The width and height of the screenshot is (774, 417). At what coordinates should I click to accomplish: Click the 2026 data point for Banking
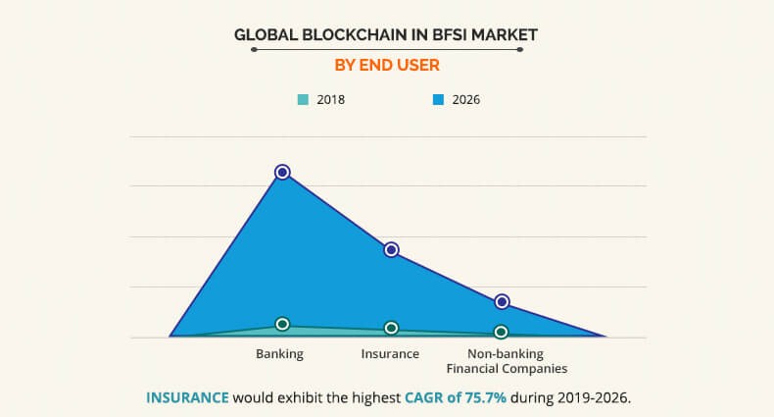(x=282, y=172)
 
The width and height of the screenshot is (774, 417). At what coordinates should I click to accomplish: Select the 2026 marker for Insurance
(x=391, y=250)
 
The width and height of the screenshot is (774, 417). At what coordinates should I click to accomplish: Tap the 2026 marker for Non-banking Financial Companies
(x=502, y=301)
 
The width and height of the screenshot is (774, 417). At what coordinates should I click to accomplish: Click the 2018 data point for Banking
(x=282, y=324)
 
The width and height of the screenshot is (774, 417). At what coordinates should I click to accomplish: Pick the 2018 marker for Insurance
(x=391, y=328)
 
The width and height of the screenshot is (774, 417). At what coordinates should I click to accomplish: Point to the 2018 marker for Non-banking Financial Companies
(x=502, y=332)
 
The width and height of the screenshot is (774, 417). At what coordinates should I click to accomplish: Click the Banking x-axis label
(x=280, y=353)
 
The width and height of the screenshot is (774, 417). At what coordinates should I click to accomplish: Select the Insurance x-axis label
(x=390, y=353)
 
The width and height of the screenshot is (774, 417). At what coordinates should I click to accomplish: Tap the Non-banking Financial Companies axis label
(x=506, y=361)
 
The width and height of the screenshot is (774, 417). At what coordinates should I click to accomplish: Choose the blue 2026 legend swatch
(x=438, y=99)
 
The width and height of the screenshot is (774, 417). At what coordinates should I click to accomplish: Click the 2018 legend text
(x=330, y=99)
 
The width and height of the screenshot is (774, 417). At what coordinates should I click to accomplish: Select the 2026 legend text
(x=465, y=99)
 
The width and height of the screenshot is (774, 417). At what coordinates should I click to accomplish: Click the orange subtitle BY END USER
(x=387, y=66)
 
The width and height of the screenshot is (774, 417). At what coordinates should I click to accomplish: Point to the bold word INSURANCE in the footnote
(x=187, y=397)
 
